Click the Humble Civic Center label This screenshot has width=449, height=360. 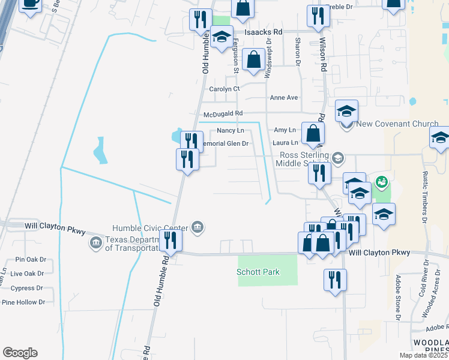(150, 228)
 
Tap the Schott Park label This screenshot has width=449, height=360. (258, 272)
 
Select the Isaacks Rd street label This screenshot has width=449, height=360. (263, 31)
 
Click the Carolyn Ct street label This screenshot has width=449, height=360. (224, 89)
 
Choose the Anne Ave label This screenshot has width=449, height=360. (284, 97)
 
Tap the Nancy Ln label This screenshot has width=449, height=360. (231, 130)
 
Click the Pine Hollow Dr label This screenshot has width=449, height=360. (24, 302)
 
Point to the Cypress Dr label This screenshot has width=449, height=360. (23, 288)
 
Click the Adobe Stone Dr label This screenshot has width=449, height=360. (397, 298)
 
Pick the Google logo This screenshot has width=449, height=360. (20, 353)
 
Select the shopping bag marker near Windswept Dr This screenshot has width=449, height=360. (255, 60)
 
